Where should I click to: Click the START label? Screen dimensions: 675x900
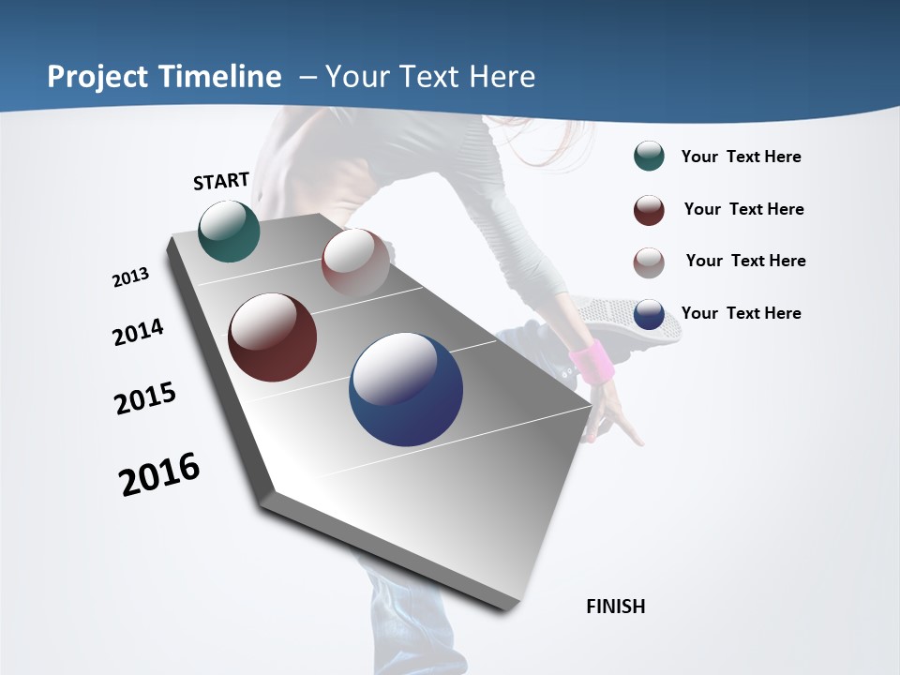pyautogui.click(x=221, y=181)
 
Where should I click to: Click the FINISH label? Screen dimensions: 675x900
pyautogui.click(x=615, y=607)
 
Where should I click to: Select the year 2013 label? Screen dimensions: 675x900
pyautogui.click(x=130, y=277)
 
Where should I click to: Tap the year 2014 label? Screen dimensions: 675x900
pyautogui.click(x=138, y=332)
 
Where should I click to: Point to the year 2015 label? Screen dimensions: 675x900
pyautogui.click(x=145, y=398)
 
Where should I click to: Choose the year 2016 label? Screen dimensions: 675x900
pyautogui.click(x=159, y=474)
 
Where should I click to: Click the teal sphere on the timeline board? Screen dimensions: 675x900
pyautogui.click(x=229, y=232)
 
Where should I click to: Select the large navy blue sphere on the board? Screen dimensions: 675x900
pyautogui.click(x=406, y=389)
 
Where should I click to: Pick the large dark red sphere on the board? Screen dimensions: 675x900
pyautogui.click(x=273, y=337)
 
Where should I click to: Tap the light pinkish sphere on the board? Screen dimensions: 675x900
pyautogui.click(x=355, y=262)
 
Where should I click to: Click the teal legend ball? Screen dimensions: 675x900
pyautogui.click(x=649, y=156)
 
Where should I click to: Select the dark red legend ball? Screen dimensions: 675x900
pyautogui.click(x=649, y=210)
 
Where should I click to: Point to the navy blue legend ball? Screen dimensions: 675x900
pyautogui.click(x=649, y=315)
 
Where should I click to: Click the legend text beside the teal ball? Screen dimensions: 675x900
pyautogui.click(x=741, y=157)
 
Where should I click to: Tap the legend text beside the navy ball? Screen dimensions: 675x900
pyautogui.click(x=741, y=313)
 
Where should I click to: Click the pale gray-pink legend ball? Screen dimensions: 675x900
pyautogui.click(x=649, y=262)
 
